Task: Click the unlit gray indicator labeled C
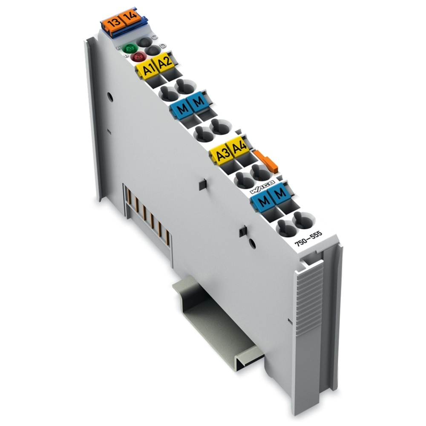tap(144, 42)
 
